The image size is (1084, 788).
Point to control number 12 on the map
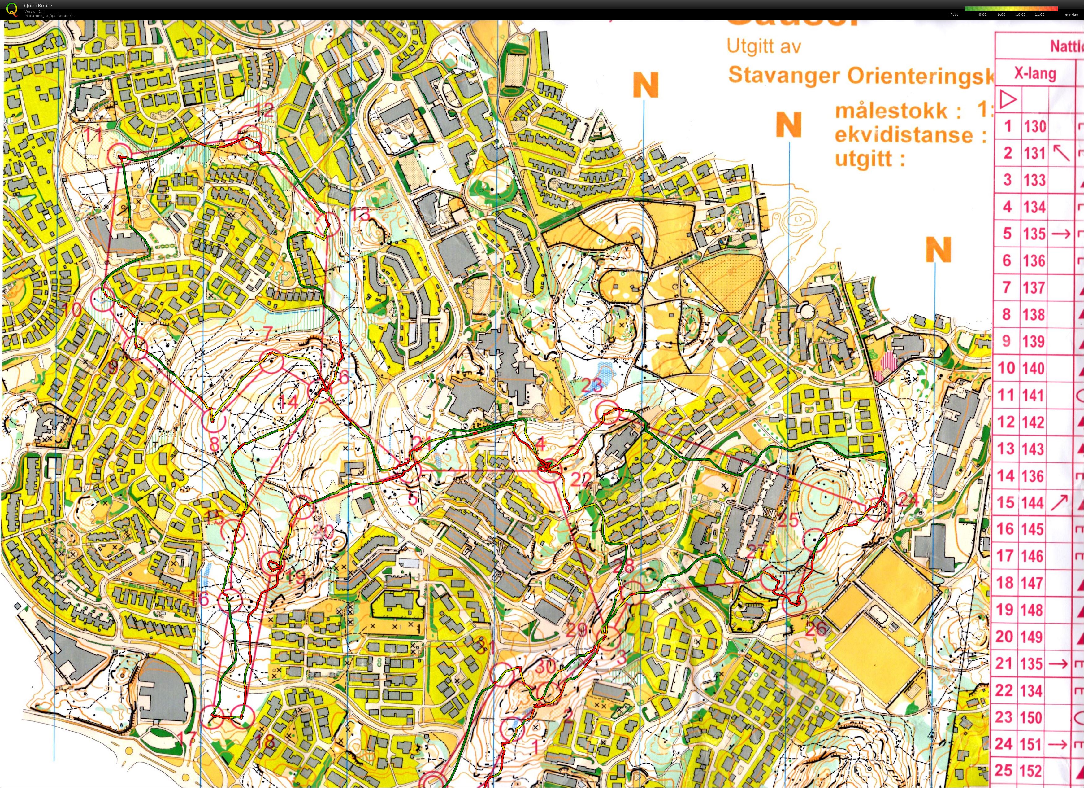(x=264, y=111)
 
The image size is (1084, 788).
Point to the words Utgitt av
(x=763, y=47)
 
